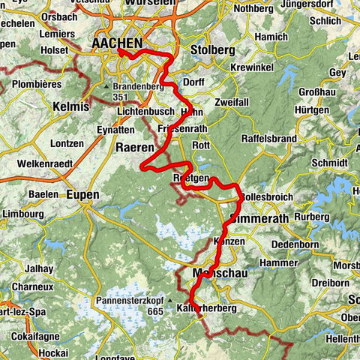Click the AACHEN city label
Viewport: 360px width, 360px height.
tap(118, 45)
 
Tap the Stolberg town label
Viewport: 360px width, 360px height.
tap(212, 51)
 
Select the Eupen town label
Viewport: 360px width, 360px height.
tap(82, 194)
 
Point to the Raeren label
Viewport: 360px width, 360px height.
tap(135, 148)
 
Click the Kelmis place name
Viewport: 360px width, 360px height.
tap(71, 106)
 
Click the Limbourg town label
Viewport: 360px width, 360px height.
tap(19, 214)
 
